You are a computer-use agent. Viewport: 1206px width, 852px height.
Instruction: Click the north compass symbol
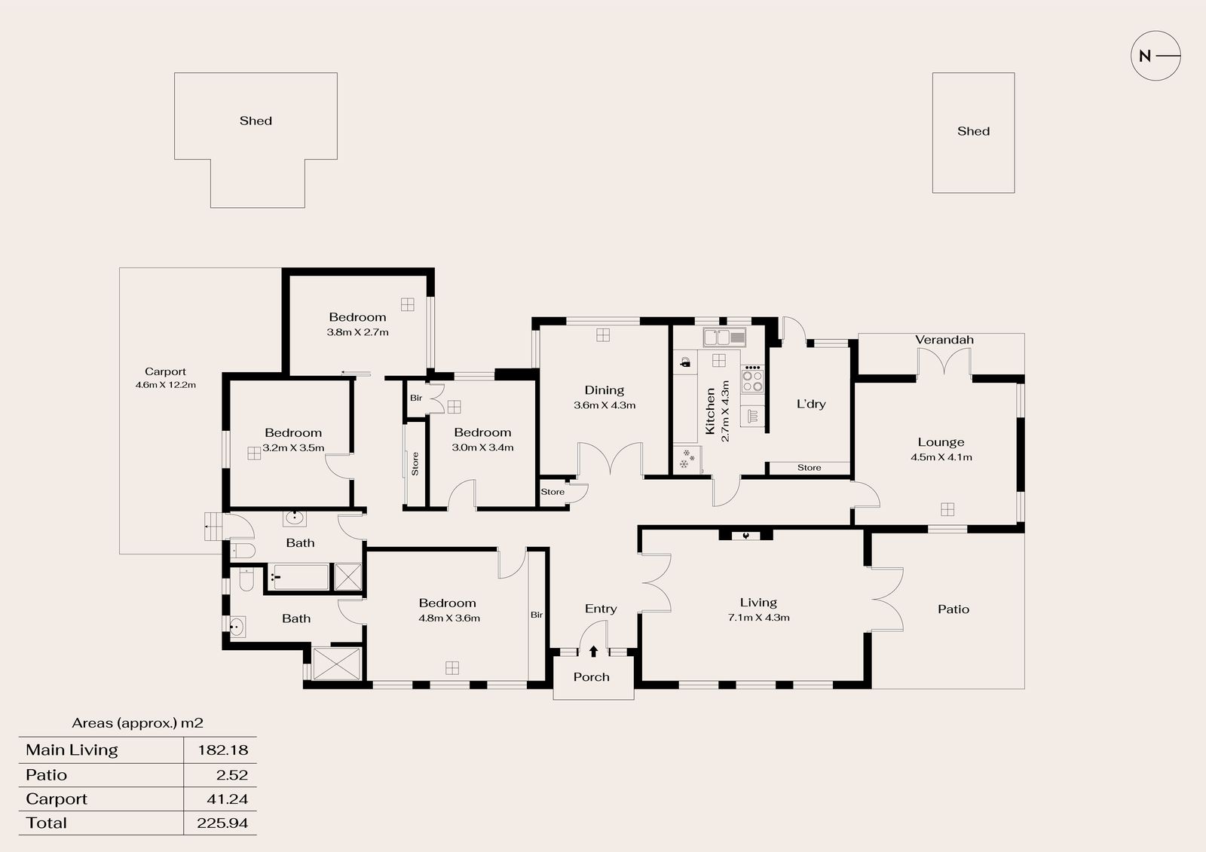coord(1155,56)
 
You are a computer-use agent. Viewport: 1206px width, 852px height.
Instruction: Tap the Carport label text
coord(165,371)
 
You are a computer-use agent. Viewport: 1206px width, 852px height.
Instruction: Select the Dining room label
coord(604,390)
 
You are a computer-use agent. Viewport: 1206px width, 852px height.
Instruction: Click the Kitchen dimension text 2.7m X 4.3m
coord(725,411)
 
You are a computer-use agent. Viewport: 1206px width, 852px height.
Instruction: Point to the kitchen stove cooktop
coord(753,379)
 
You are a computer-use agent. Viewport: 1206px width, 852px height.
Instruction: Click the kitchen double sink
coord(724,337)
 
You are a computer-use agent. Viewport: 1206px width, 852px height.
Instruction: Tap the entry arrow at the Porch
coord(593,652)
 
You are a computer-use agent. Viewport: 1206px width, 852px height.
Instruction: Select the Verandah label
coord(944,340)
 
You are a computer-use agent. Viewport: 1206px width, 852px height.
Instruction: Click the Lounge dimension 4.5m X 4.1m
coord(941,457)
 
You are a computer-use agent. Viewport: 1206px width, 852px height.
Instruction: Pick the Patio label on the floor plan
coord(953,609)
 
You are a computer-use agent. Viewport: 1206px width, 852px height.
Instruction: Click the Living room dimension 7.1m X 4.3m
coord(758,617)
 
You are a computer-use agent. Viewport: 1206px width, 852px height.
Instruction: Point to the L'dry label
coord(811,404)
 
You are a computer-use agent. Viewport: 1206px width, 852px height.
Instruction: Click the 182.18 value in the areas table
coord(222,750)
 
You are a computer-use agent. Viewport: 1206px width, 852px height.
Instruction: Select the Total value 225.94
coord(222,823)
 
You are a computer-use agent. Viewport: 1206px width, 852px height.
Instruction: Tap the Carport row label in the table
coord(57,799)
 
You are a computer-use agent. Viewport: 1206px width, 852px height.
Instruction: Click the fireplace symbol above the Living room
coord(745,535)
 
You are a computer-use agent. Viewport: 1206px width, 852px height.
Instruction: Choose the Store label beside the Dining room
coord(552,492)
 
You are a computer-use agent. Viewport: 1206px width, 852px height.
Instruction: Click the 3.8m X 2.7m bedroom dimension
coord(357,332)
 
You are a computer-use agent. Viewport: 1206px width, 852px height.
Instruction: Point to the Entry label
coord(600,609)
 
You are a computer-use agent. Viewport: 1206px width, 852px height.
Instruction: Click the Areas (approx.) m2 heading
coord(138,723)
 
